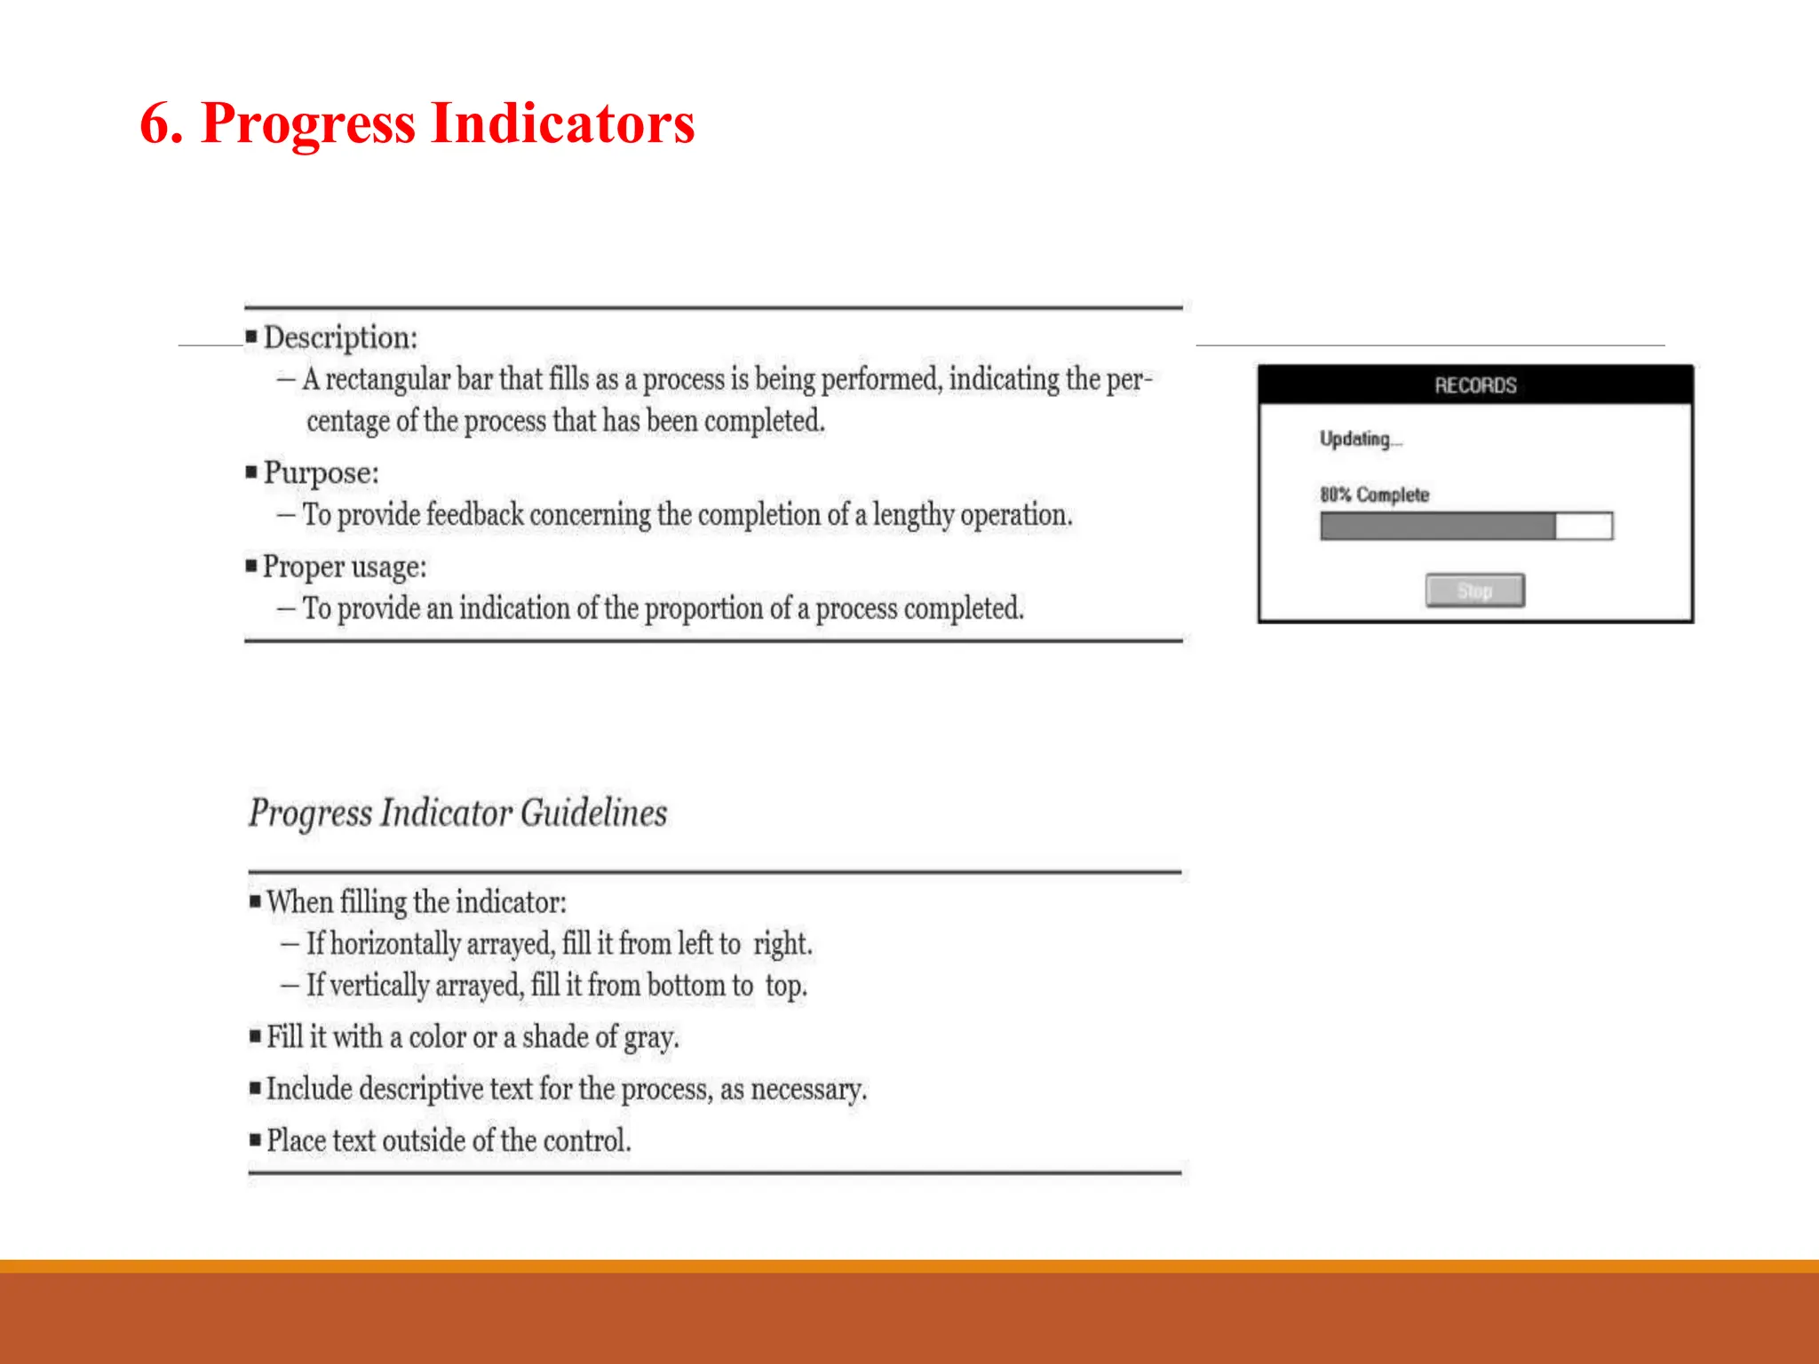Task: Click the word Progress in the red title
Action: (x=308, y=123)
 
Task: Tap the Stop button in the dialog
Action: (x=1474, y=591)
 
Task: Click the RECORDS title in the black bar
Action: (x=1475, y=385)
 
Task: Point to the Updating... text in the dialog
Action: (x=1360, y=439)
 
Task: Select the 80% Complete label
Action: (x=1374, y=495)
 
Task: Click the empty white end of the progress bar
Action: (x=1584, y=526)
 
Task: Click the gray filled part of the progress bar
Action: (x=1437, y=526)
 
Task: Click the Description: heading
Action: (x=340, y=337)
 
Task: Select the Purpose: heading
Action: (x=321, y=472)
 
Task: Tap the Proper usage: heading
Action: (x=345, y=567)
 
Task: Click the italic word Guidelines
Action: (x=593, y=813)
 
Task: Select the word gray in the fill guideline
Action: (x=650, y=1038)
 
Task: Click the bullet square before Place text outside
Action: (x=256, y=1138)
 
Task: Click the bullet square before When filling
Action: (x=256, y=901)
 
